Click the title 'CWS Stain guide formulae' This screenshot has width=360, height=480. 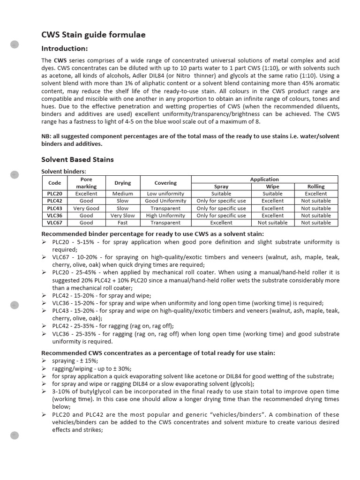point(93,35)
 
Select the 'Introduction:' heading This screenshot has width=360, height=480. point(65,49)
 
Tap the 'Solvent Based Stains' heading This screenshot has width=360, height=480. point(77,160)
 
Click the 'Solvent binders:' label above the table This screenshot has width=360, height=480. point(64,172)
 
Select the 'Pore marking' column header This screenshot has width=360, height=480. point(86,183)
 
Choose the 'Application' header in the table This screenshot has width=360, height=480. point(264,179)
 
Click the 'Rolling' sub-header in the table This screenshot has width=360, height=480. point(315,186)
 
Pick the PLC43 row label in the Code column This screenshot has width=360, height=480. point(54,208)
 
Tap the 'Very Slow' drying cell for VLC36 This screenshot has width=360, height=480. point(122,216)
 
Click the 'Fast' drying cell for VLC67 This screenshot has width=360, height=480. point(122,223)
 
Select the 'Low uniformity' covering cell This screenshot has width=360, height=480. point(165,194)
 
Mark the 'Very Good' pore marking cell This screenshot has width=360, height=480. point(86,208)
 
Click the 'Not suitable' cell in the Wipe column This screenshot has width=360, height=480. point(272,223)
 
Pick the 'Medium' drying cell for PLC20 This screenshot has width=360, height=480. point(122,194)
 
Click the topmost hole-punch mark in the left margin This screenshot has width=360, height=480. point(14,45)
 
